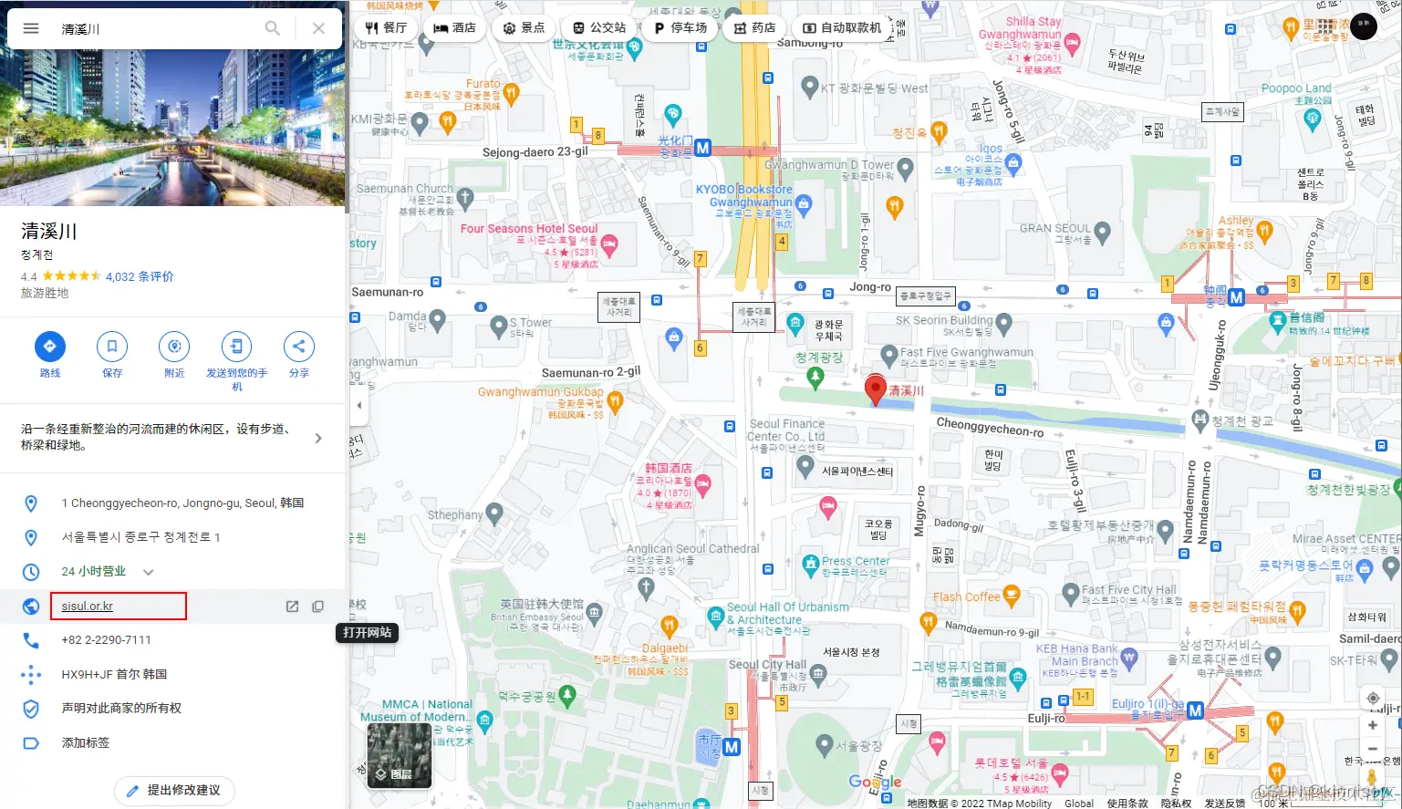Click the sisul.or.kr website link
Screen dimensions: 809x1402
click(88, 607)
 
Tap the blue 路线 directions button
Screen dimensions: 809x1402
click(49, 347)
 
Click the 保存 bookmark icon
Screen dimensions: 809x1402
click(112, 347)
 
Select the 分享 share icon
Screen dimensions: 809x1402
click(298, 347)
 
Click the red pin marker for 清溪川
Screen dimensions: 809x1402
click(875, 389)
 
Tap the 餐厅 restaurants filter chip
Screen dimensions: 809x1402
click(386, 28)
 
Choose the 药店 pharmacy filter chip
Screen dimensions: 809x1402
click(754, 28)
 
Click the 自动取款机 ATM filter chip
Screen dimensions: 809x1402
click(841, 28)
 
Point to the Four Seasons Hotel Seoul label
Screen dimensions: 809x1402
click(529, 229)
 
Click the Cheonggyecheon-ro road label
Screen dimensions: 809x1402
click(990, 427)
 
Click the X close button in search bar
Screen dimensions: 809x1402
click(318, 28)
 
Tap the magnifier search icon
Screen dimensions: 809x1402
click(272, 28)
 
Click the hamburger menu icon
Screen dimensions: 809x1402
click(31, 28)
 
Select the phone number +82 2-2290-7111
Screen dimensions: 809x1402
click(106, 640)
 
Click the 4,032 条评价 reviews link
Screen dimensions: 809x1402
click(140, 276)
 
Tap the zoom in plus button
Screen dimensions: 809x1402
click(1372, 725)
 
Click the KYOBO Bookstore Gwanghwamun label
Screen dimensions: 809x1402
click(743, 195)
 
